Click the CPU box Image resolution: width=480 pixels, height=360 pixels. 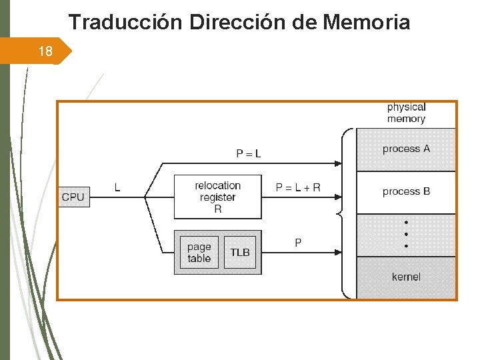pos(73,197)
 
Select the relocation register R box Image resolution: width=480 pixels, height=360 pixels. pos(217,197)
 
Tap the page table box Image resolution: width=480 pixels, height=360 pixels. pos(199,253)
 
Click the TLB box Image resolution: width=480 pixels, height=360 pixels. pos(240,253)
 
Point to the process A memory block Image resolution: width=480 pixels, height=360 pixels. pos(406,149)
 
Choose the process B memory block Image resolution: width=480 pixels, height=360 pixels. pos(406,192)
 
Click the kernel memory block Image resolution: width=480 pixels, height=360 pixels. pos(406,277)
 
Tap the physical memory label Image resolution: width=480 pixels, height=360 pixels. pos(406,113)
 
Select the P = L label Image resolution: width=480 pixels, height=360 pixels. pos(249,154)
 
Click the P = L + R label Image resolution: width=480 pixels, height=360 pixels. pos(298,187)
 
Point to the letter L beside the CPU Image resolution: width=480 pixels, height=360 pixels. pos(117,188)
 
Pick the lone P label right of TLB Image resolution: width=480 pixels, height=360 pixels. pos(298,243)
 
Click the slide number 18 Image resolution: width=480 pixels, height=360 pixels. pos(45,51)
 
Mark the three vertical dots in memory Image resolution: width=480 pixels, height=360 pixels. pos(406,233)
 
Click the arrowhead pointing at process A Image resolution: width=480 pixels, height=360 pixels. pos(339,163)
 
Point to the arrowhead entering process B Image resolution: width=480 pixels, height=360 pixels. pos(339,197)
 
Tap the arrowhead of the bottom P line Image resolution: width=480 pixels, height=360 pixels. pos(339,253)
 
